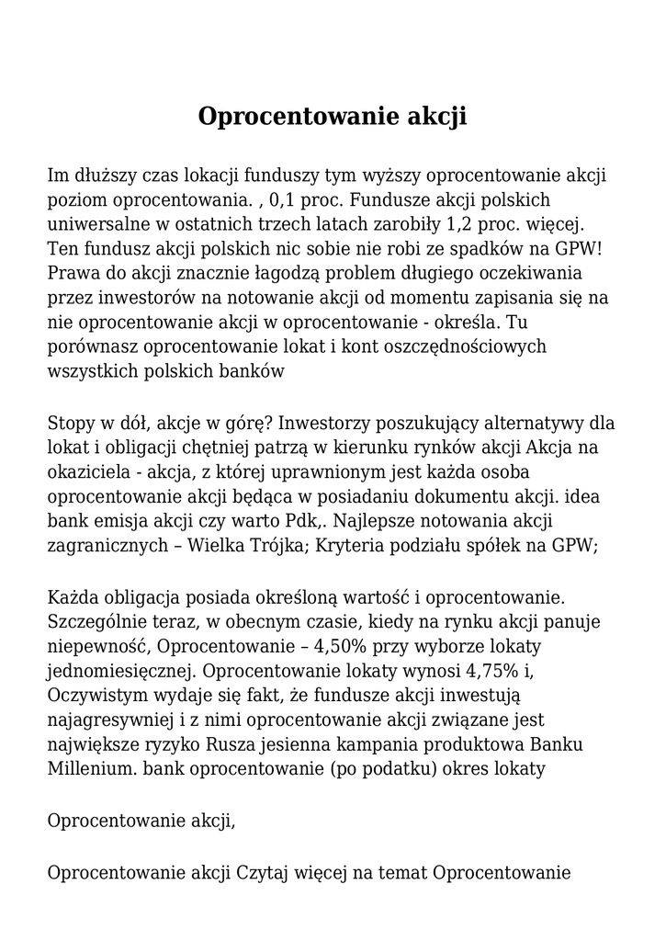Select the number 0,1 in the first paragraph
coord(284,199)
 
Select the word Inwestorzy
coord(320,424)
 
